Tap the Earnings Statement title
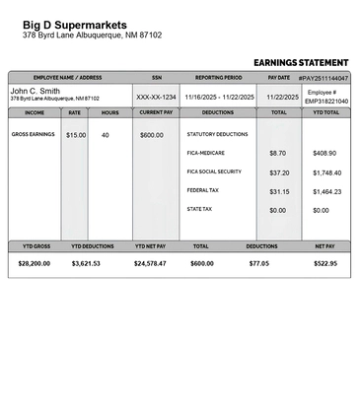tap(301, 62)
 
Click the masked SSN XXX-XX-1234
tap(156, 98)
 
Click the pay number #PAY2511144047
tap(324, 77)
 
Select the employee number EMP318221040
tap(325, 102)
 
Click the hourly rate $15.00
tap(76, 135)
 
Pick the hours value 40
tap(106, 135)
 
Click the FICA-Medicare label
tap(206, 153)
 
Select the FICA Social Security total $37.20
tap(279, 172)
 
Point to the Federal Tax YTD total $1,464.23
tap(326, 191)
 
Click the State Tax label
tap(199, 209)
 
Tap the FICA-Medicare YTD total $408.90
tap(324, 154)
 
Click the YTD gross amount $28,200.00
tap(36, 264)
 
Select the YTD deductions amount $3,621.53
tap(86, 264)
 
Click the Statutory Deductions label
tap(217, 134)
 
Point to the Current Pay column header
tap(156, 112)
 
